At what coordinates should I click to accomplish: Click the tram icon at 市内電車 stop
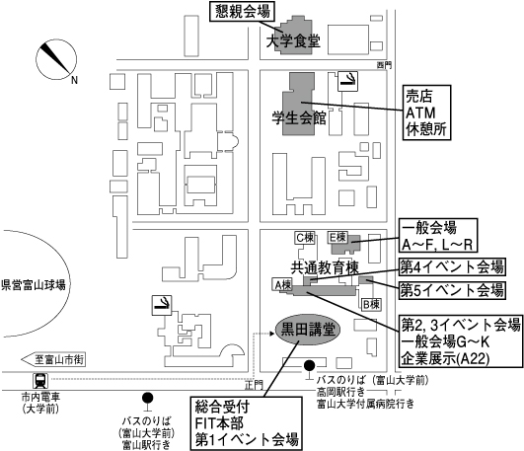coord(40,381)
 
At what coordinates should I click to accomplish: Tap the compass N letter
coord(75,80)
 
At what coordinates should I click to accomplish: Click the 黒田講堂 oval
coord(308,330)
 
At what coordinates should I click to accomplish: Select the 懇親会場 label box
coord(243,12)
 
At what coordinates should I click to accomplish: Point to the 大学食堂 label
coord(293,41)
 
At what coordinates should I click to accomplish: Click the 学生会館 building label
coord(299,118)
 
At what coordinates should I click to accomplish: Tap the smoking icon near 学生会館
coord(348,81)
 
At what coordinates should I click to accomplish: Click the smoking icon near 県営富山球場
coord(162,305)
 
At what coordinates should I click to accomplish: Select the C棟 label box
coord(305,238)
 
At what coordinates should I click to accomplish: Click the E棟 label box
coord(337,237)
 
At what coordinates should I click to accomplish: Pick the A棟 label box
coord(282,285)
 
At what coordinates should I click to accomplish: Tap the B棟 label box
coord(371,305)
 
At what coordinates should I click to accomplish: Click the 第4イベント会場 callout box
coord(452,266)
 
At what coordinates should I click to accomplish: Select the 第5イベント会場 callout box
coord(452,290)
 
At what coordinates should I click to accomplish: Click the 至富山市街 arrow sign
coord(53,360)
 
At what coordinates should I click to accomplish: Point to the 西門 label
coord(384,65)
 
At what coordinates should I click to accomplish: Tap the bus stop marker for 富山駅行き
coord(147,402)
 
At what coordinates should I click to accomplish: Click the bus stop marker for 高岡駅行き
coord(310,370)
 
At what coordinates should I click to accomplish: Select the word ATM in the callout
coord(420,113)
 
